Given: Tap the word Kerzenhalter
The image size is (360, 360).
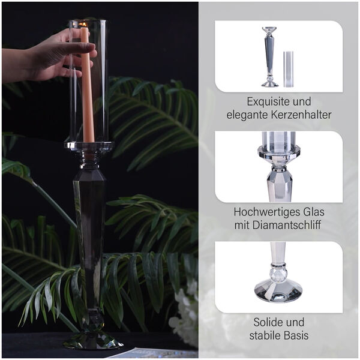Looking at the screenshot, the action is click(x=301, y=115).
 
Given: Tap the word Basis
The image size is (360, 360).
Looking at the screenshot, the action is click(x=296, y=335).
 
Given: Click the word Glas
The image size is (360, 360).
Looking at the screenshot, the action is click(x=314, y=212).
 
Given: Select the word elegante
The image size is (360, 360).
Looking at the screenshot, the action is click(x=247, y=115).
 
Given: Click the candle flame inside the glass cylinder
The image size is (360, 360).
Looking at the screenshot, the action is click(x=84, y=24).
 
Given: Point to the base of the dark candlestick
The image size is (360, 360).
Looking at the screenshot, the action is click(x=93, y=340).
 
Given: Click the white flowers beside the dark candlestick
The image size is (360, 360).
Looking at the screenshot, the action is click(x=183, y=312).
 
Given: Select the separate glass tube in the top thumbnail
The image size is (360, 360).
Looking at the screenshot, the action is click(x=289, y=70).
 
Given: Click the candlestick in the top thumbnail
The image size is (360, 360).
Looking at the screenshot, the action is click(x=270, y=57).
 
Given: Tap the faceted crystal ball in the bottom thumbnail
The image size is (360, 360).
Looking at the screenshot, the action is click(x=278, y=275).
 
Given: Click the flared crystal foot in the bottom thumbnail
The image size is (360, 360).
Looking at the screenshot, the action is click(x=278, y=290).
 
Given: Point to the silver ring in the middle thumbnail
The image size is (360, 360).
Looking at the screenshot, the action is click(x=279, y=170).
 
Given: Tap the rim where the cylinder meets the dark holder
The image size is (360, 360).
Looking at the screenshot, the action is click(x=89, y=145).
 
